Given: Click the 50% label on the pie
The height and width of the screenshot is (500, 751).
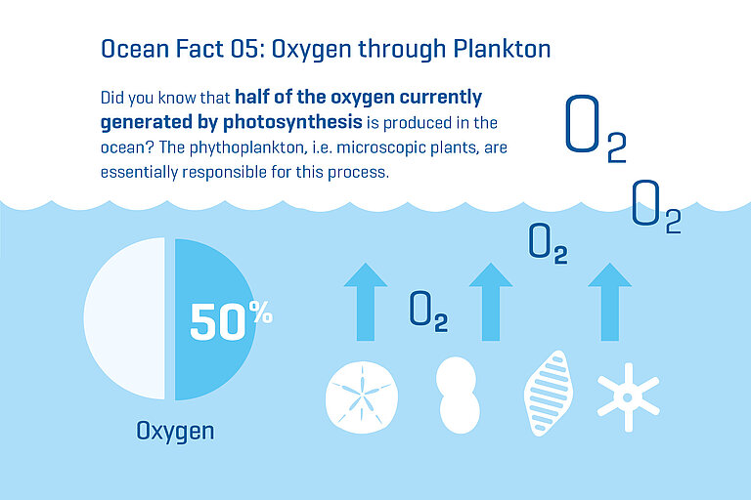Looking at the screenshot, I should [230, 321].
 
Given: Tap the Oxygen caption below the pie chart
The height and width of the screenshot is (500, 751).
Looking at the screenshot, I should [175, 431].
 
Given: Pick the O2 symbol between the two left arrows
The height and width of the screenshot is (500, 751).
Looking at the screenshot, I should [428, 311].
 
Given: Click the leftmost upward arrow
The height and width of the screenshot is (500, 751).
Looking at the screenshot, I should [366, 302].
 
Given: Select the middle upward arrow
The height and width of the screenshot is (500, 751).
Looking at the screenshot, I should [490, 302].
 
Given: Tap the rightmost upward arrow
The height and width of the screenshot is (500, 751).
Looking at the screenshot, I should [610, 302].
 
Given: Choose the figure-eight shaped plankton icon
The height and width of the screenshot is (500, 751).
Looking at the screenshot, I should [459, 395].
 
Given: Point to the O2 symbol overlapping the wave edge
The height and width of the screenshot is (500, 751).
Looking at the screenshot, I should [655, 206].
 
